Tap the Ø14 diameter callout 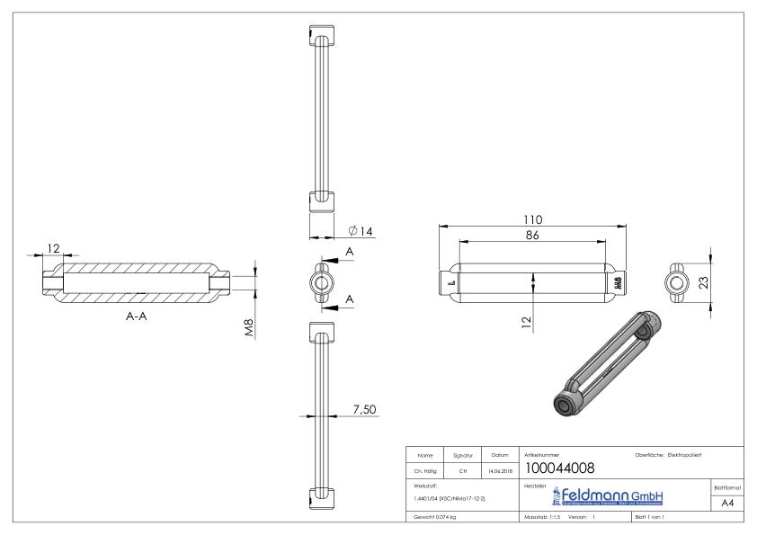coord(360,231)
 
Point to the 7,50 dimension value coord(363,409)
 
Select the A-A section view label coord(138,329)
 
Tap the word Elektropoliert coord(691,454)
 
